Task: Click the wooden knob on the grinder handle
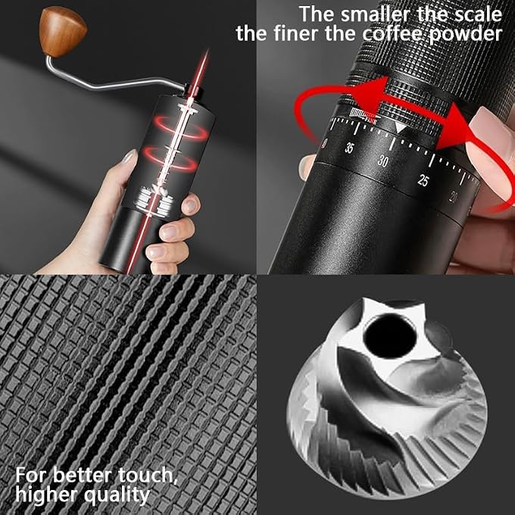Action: point(62,32)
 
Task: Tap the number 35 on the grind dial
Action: point(349,148)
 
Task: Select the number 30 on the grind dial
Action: point(382,161)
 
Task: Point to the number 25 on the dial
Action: point(423,180)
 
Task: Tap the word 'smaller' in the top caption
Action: point(375,15)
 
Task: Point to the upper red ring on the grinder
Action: point(181,127)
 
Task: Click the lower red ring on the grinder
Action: point(170,158)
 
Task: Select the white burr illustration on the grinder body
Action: point(154,201)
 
